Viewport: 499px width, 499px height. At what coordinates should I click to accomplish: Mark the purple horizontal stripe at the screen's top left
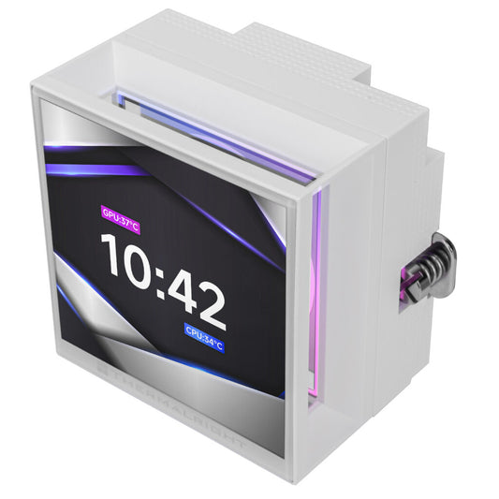94,169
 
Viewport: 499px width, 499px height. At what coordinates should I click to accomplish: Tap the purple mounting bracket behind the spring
410,281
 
